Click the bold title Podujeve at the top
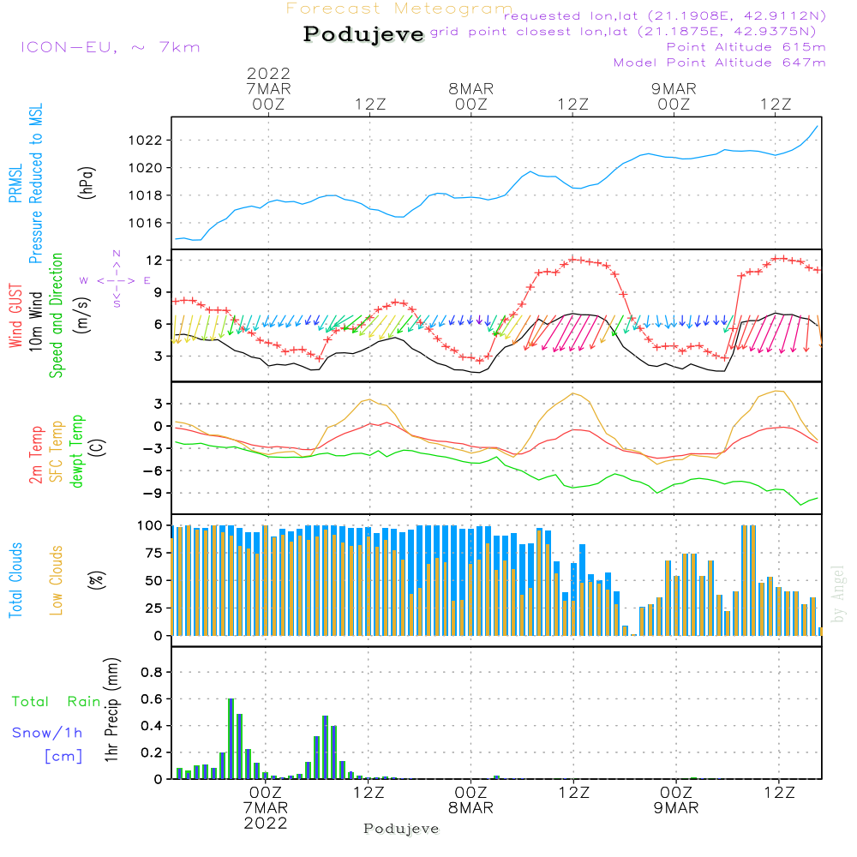364,34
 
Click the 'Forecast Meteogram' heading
399,9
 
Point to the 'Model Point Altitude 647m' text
720,63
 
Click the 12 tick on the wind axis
154,260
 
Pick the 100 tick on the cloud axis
150,525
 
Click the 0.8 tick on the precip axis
152,673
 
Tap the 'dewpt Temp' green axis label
77,452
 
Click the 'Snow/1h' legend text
47,733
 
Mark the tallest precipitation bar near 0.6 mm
231,738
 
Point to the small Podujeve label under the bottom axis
401,829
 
